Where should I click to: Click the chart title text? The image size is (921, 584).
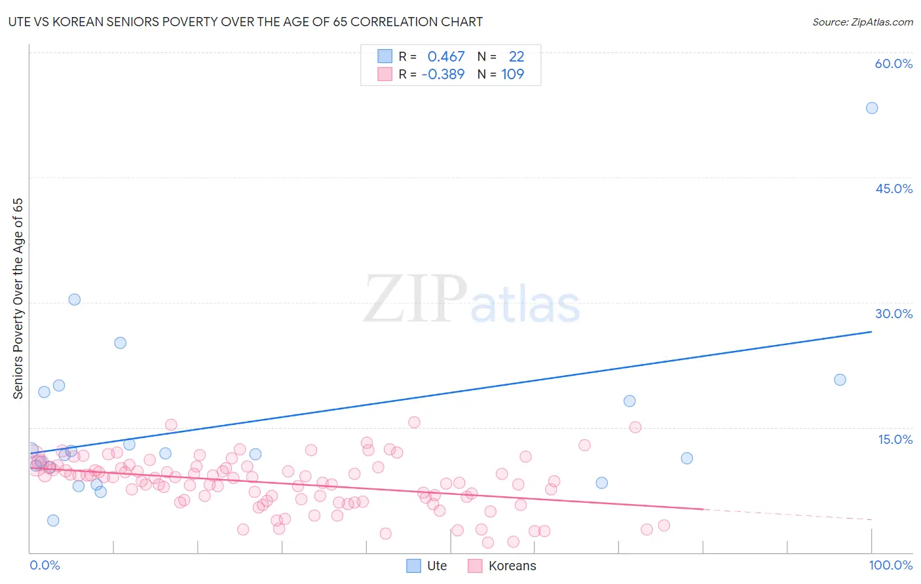tap(245, 22)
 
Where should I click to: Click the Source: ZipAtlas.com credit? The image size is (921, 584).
tap(862, 22)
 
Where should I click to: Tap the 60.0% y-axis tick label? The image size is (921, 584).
tap(893, 64)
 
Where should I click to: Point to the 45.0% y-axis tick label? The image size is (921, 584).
tap(893, 189)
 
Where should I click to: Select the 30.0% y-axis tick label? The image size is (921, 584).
tap(893, 314)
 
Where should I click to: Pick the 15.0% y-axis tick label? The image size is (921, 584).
tap(895, 439)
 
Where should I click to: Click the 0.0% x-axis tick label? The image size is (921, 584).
tap(45, 565)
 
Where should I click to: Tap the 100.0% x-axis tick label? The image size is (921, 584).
tap(890, 565)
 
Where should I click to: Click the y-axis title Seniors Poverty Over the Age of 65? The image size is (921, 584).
tap(18, 298)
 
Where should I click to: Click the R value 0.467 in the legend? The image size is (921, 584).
tap(446, 57)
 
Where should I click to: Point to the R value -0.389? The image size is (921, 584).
tap(443, 75)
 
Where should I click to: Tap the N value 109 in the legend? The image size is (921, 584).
tap(513, 75)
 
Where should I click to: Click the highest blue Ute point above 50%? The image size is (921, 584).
tap(871, 108)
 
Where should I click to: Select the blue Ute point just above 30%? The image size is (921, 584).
tap(75, 299)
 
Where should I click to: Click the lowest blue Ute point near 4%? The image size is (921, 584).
tap(53, 520)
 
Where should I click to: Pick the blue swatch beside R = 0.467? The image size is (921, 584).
tap(385, 57)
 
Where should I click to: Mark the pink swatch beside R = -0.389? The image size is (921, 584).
tap(385, 75)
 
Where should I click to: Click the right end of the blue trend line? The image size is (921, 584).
tap(871, 332)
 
